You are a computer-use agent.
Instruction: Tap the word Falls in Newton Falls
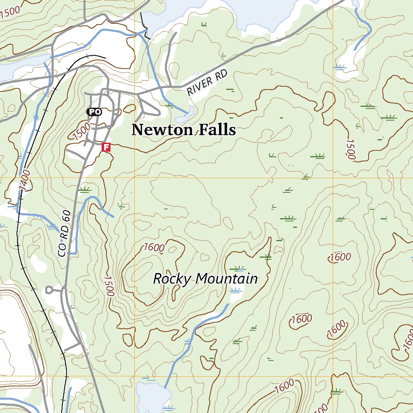tap(217, 130)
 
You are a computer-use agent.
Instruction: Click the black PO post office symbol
tap(94, 112)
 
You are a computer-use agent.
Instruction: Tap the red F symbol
tap(106, 147)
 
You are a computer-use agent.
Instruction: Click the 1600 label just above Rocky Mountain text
tap(154, 247)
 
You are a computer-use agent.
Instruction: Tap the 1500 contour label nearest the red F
tap(82, 131)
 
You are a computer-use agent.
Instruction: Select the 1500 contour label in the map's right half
tap(350, 149)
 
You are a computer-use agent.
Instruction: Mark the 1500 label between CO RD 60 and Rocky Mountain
tap(109, 286)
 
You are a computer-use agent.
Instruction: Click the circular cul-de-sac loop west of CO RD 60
tap(49, 289)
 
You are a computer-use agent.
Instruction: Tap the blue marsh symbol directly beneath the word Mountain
tap(236, 291)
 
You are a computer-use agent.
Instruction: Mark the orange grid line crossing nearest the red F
tap(134, 177)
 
